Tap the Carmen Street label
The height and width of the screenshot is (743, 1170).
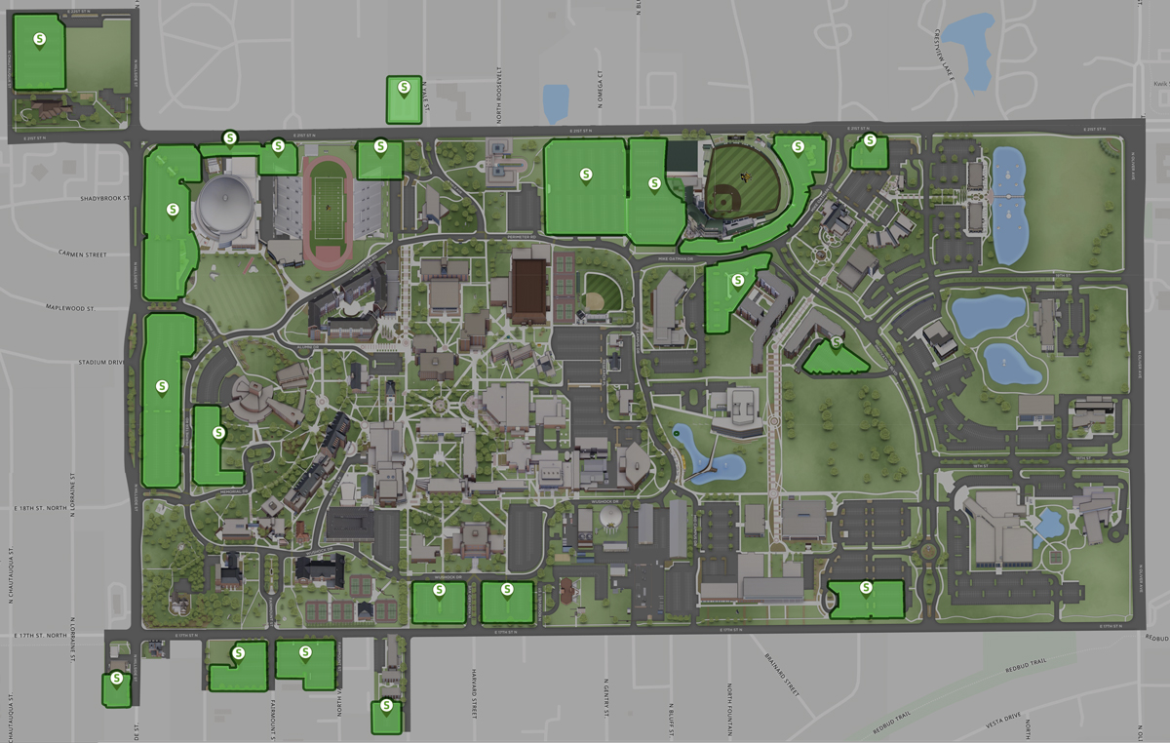click(x=81, y=254)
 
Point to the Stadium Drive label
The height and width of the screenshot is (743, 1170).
click(x=102, y=362)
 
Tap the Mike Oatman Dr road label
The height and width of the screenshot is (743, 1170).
click(x=673, y=259)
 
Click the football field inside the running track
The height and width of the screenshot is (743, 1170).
click(x=329, y=202)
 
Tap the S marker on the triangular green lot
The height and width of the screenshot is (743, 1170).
click(x=836, y=343)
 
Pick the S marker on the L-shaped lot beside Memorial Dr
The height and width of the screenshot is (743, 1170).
click(x=218, y=432)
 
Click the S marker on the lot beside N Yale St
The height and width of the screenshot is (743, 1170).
click(x=404, y=88)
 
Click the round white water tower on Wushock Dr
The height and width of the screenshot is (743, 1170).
click(x=609, y=514)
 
